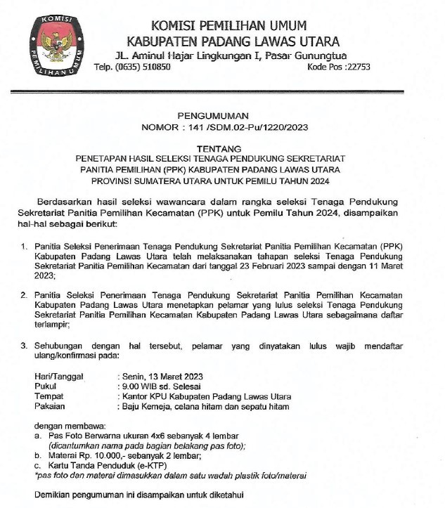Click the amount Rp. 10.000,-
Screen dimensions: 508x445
point(103,455)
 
